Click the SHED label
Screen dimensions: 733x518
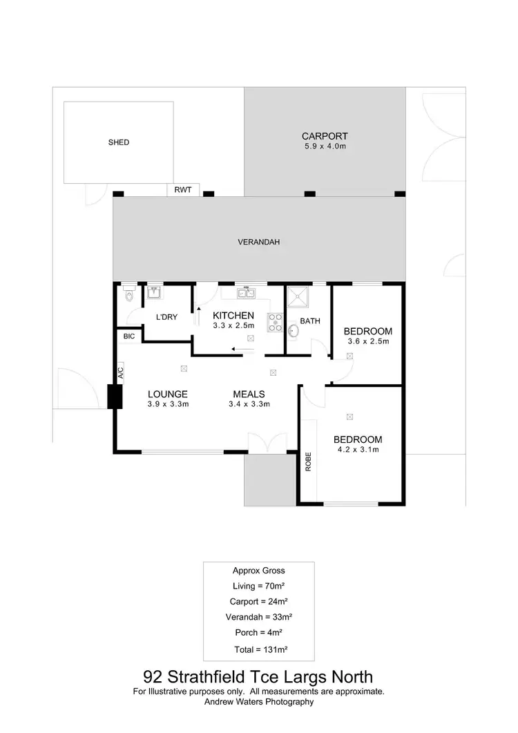(119, 142)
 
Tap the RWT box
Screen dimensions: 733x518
(183, 190)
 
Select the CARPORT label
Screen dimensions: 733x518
(324, 136)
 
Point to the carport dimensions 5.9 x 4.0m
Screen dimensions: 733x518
(324, 146)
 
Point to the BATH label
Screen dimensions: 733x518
(309, 321)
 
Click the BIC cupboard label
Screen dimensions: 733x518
(128, 336)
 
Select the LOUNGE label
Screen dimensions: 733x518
(168, 394)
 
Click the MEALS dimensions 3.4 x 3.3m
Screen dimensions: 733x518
(250, 404)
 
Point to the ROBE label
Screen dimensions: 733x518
(308, 461)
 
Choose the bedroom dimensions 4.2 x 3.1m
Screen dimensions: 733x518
(358, 450)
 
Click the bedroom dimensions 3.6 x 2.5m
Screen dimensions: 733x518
(367, 341)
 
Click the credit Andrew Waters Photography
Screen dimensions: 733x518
(258, 701)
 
